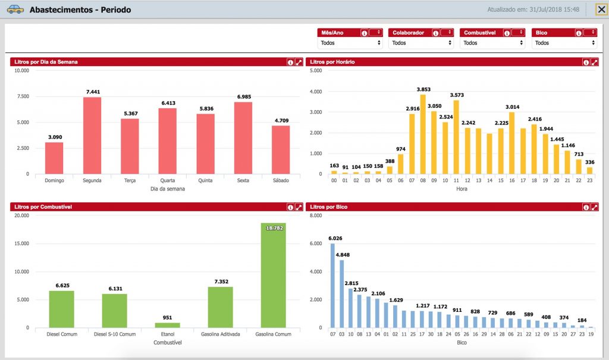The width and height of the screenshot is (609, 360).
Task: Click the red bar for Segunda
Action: click(x=92, y=135)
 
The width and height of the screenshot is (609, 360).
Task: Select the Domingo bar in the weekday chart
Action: click(x=54, y=158)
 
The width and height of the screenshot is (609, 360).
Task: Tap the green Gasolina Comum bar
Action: click(x=273, y=276)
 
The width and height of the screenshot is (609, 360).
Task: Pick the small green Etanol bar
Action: click(x=167, y=325)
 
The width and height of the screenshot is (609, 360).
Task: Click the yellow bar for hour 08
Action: click(x=423, y=134)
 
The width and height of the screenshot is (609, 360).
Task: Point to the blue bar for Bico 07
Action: click(x=333, y=286)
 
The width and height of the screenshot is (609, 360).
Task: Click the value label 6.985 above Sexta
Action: click(x=244, y=96)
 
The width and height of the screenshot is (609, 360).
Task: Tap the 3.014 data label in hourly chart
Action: click(x=512, y=107)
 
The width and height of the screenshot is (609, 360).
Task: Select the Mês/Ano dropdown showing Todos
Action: click(x=350, y=43)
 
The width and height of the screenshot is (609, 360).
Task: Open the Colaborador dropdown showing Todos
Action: click(x=421, y=43)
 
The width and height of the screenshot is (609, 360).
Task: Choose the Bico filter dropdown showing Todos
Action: click(x=564, y=43)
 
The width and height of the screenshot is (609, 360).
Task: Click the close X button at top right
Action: click(x=601, y=10)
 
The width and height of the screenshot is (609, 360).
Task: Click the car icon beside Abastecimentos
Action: click(x=15, y=10)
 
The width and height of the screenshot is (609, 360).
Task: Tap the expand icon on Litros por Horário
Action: click(x=594, y=62)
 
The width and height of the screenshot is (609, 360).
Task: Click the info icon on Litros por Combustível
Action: click(x=290, y=207)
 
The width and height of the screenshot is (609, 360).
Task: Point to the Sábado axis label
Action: click(x=281, y=180)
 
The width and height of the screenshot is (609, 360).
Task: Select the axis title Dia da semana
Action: click(x=167, y=189)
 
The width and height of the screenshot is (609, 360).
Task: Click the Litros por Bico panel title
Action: click(x=328, y=207)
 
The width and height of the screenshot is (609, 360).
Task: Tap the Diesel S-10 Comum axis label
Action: click(x=115, y=334)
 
